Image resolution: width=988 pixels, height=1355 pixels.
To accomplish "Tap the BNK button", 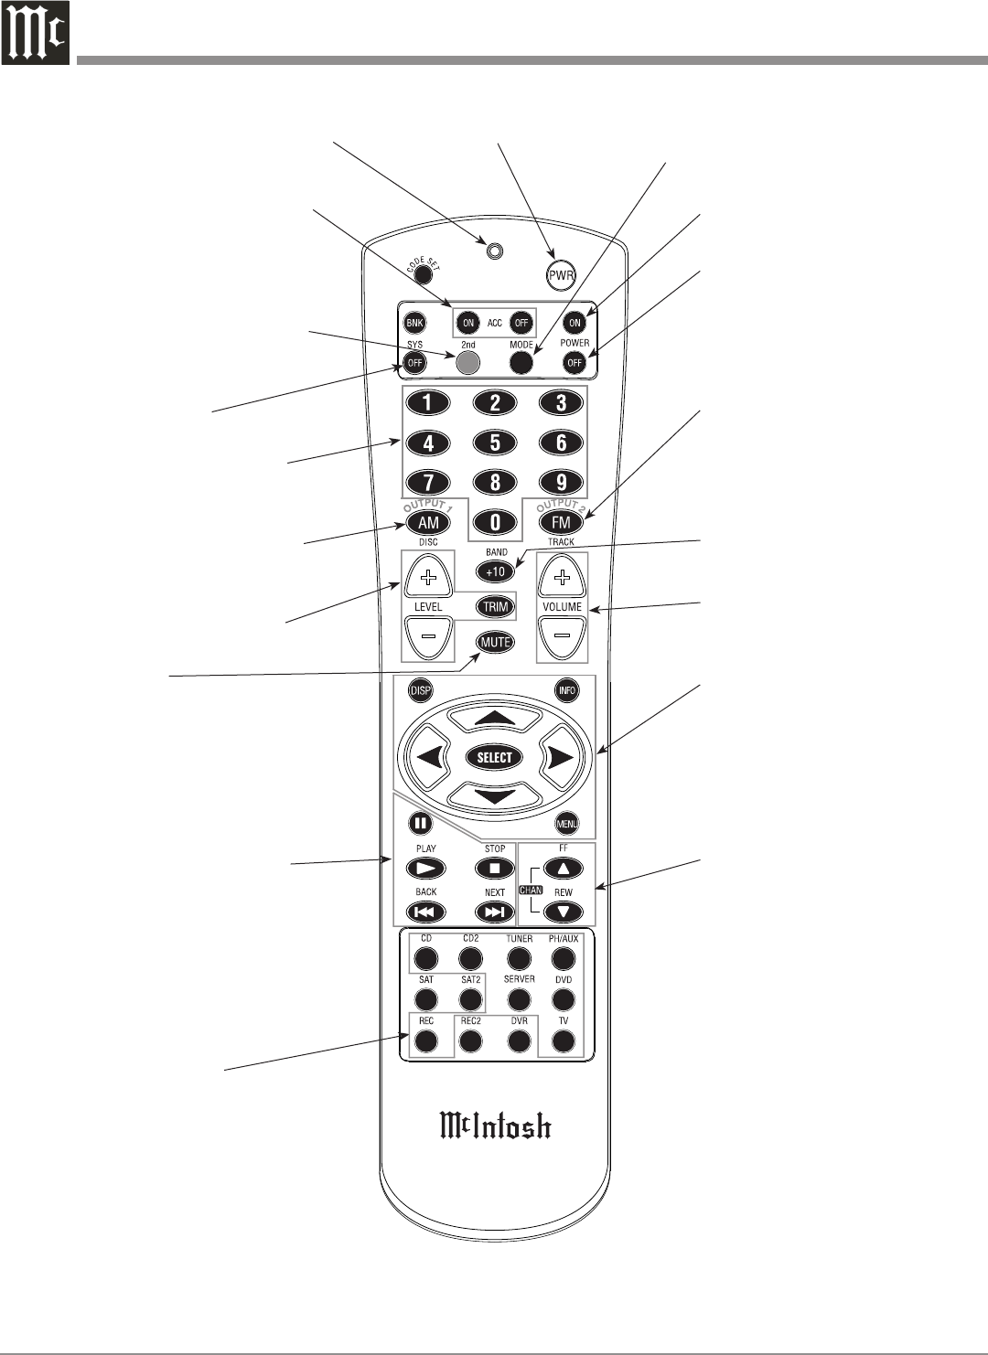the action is (415, 323).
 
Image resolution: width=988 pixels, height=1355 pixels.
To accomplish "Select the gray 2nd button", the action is (467, 362).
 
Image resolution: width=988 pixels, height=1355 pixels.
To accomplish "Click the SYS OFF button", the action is (415, 363).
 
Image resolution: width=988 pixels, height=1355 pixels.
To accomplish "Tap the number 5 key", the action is (495, 443).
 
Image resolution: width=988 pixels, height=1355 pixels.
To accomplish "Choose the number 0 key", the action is (495, 522).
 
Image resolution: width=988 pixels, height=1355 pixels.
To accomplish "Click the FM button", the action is (561, 522).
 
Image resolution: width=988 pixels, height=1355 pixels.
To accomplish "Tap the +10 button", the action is (495, 571).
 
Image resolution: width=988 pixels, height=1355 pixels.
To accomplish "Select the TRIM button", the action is (495, 606).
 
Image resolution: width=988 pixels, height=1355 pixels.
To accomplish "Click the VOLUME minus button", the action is (562, 636).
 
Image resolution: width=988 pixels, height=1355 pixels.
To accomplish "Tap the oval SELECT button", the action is (495, 757).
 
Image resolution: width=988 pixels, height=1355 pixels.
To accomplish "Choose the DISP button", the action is (420, 690).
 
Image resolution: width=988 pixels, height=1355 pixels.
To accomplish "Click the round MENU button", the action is (567, 824).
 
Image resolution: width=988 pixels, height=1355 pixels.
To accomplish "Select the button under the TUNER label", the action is (519, 958).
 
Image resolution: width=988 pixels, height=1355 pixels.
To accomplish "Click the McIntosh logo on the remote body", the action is (495, 1126).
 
